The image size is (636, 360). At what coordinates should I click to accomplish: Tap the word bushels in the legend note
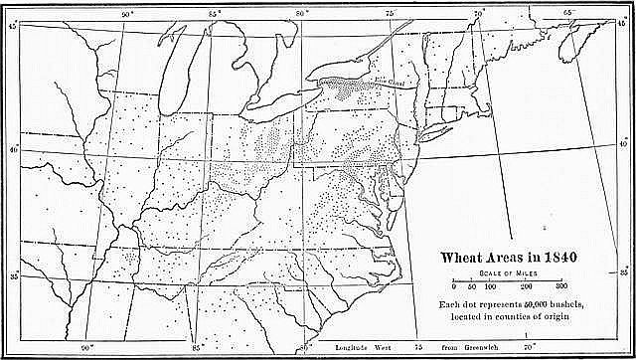(570, 302)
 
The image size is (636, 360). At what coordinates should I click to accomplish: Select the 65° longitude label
(569, 12)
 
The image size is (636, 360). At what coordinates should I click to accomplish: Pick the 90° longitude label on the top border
(127, 13)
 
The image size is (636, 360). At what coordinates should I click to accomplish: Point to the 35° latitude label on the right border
(624, 270)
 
